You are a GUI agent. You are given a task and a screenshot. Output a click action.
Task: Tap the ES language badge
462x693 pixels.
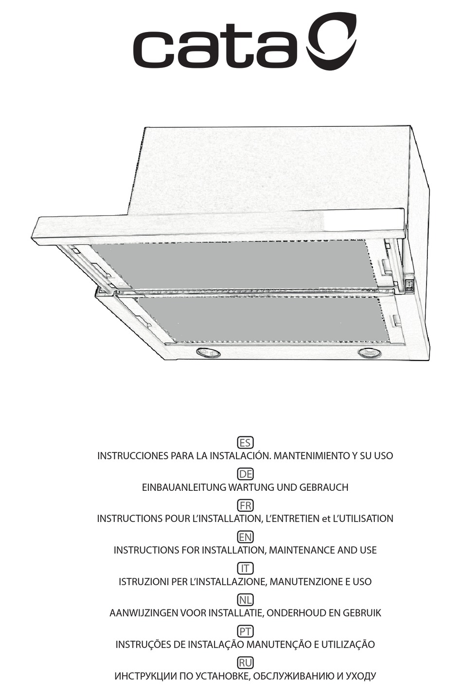click(x=245, y=442)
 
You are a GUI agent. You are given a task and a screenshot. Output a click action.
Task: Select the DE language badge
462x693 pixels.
click(x=245, y=474)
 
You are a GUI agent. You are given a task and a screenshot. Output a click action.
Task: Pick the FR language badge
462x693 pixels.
click(x=245, y=505)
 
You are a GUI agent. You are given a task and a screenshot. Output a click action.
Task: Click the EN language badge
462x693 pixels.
click(x=245, y=537)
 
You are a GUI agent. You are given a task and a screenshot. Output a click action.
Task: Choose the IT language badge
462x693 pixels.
click(x=245, y=568)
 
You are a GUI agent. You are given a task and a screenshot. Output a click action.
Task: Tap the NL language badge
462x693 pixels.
click(x=245, y=600)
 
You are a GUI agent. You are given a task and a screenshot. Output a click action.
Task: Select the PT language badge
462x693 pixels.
click(x=245, y=631)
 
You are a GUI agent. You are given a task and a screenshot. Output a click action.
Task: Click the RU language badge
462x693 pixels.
click(x=245, y=662)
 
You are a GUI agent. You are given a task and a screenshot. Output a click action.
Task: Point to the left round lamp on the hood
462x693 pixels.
click(x=208, y=353)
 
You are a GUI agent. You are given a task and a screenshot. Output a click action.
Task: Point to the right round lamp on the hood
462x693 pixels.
click(x=370, y=353)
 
